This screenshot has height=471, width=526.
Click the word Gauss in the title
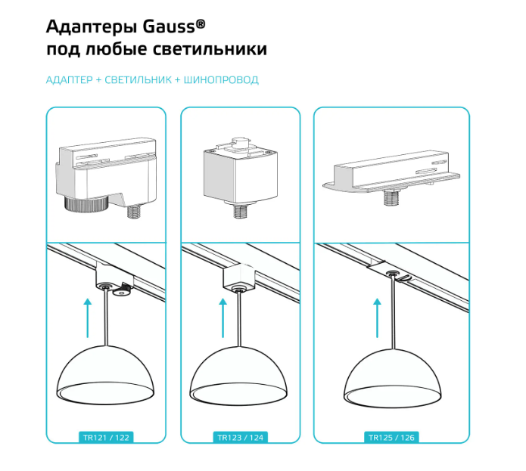(x=169, y=26)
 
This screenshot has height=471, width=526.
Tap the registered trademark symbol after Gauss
(x=201, y=23)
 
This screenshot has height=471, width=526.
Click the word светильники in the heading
(x=210, y=49)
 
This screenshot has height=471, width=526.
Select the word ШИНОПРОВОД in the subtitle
(x=221, y=79)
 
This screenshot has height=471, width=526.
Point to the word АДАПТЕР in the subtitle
(x=69, y=79)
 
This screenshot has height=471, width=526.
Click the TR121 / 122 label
(x=106, y=438)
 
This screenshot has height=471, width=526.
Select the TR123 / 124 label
(x=240, y=438)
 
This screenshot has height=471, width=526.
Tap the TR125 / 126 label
(x=391, y=438)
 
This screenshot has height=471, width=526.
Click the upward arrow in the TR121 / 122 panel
(x=88, y=318)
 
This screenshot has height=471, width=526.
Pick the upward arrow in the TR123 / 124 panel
(x=223, y=318)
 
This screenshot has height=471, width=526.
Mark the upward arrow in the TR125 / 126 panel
(x=378, y=318)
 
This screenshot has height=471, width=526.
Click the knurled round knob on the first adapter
(x=86, y=203)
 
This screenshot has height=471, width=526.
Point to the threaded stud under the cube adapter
(x=239, y=211)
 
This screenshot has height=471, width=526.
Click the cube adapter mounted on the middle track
(x=238, y=276)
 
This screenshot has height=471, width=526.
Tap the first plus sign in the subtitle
(x=98, y=80)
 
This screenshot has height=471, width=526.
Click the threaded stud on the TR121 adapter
(x=134, y=212)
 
